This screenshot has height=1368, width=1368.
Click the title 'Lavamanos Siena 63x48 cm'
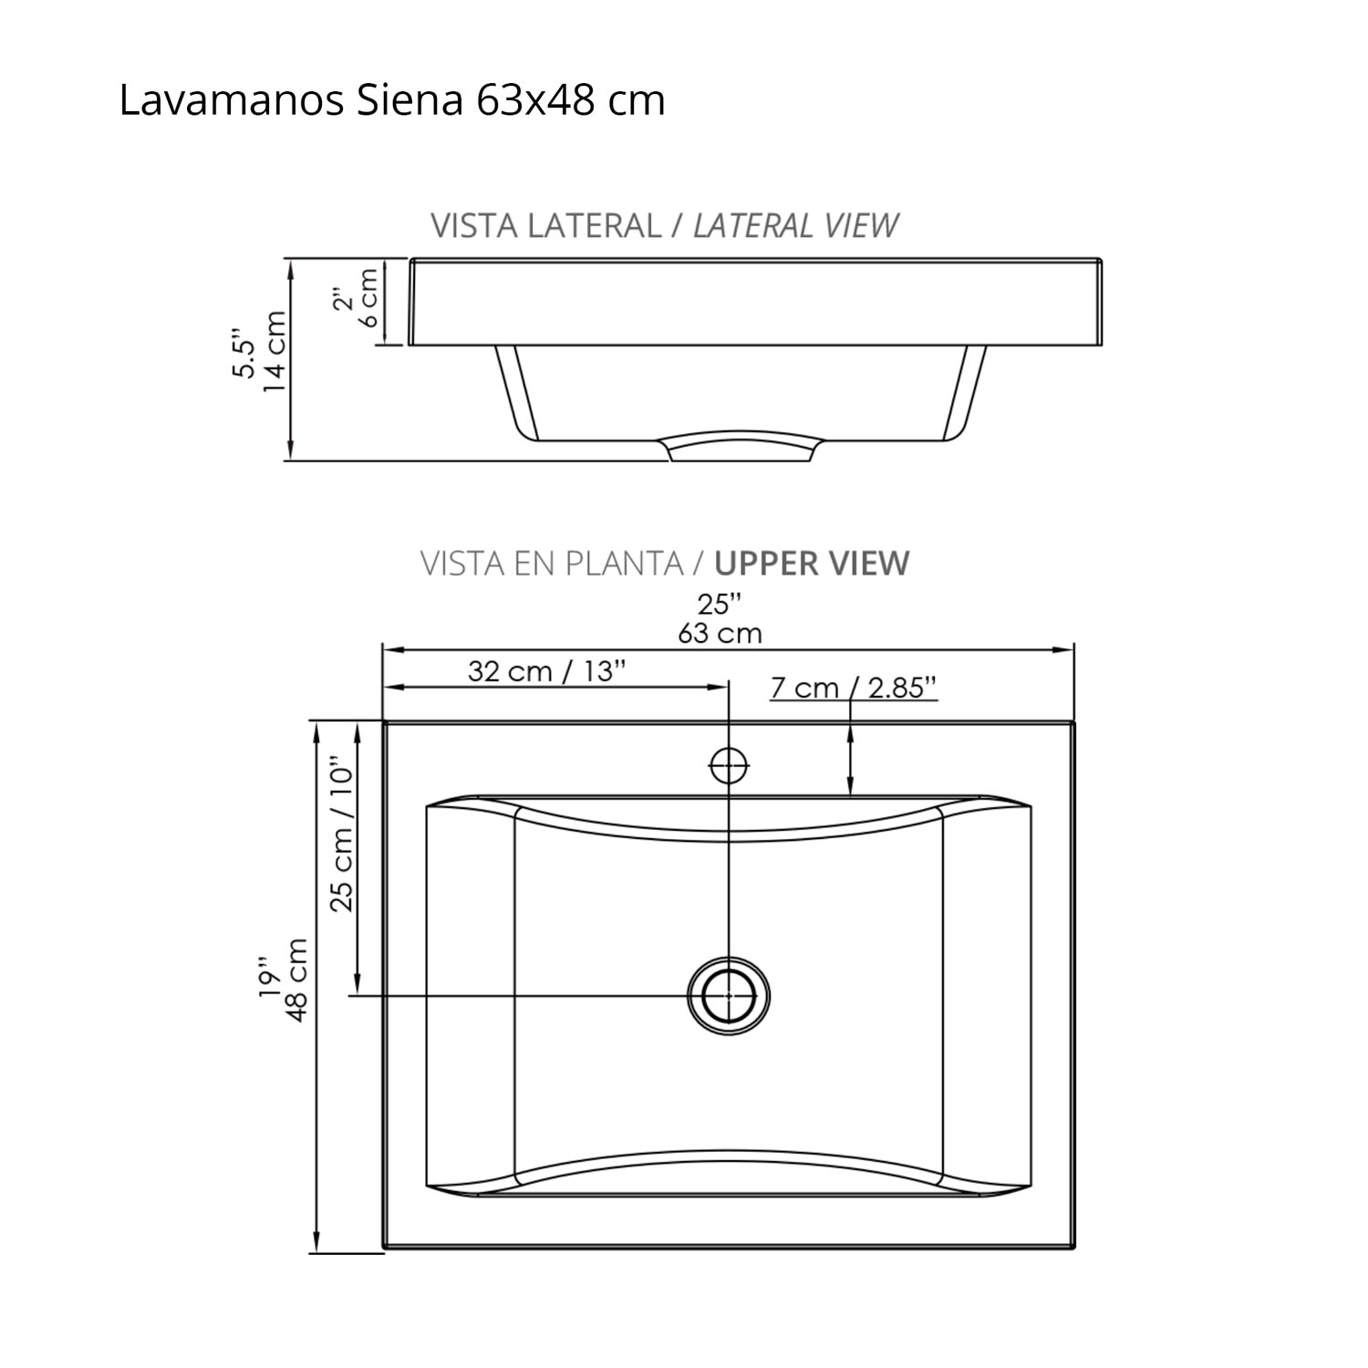(392, 101)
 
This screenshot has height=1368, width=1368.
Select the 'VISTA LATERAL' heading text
(545, 225)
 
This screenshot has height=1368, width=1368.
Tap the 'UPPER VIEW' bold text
(812, 564)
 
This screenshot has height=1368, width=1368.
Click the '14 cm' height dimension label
(274, 352)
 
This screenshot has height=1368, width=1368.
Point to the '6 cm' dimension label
(368, 296)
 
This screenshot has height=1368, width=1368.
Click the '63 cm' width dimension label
(720, 633)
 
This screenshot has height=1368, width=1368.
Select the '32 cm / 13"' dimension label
(547, 672)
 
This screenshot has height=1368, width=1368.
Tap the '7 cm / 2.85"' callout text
(854, 688)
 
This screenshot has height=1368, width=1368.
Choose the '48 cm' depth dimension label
(297, 979)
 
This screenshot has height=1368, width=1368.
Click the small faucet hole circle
(729, 766)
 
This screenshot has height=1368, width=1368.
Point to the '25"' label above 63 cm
(720, 604)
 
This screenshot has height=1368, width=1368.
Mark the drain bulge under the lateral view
(741, 446)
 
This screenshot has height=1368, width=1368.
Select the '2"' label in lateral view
(343, 300)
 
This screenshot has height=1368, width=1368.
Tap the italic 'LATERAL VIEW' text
(795, 225)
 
